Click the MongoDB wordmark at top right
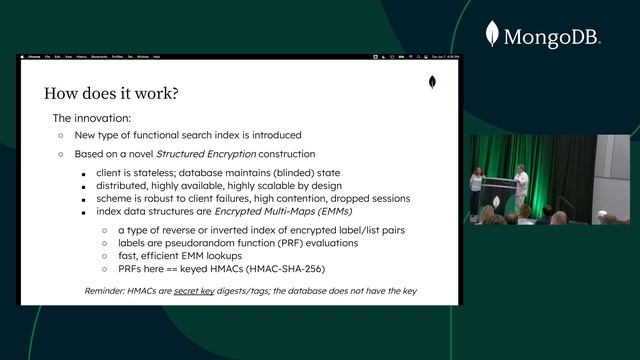click(552, 38)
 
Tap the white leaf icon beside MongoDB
click(492, 34)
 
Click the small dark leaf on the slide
click(432, 82)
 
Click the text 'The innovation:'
click(91, 118)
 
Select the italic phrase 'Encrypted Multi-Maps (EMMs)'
click(294, 211)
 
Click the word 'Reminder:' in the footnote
click(107, 291)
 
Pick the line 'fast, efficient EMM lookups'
click(187, 256)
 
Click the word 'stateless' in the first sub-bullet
click(152, 173)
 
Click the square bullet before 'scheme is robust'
click(86, 199)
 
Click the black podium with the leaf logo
click(499, 190)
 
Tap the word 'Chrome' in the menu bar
click(34, 57)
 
